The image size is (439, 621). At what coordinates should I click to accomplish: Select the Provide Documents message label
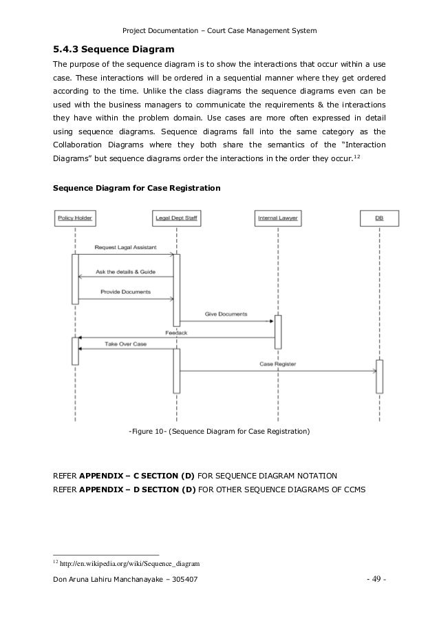[x=125, y=292]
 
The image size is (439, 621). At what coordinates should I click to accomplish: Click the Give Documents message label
[x=226, y=315]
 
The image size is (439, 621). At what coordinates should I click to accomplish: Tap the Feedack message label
[x=176, y=333]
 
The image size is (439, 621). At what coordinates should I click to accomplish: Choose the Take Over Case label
[x=125, y=343]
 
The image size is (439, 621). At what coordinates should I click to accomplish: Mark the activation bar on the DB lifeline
[x=379, y=376]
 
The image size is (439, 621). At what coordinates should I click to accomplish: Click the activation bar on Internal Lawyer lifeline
[x=278, y=333]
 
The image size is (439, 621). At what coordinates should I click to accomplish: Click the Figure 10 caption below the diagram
[x=219, y=432]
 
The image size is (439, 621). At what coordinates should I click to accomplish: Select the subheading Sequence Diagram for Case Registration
[x=137, y=187]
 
